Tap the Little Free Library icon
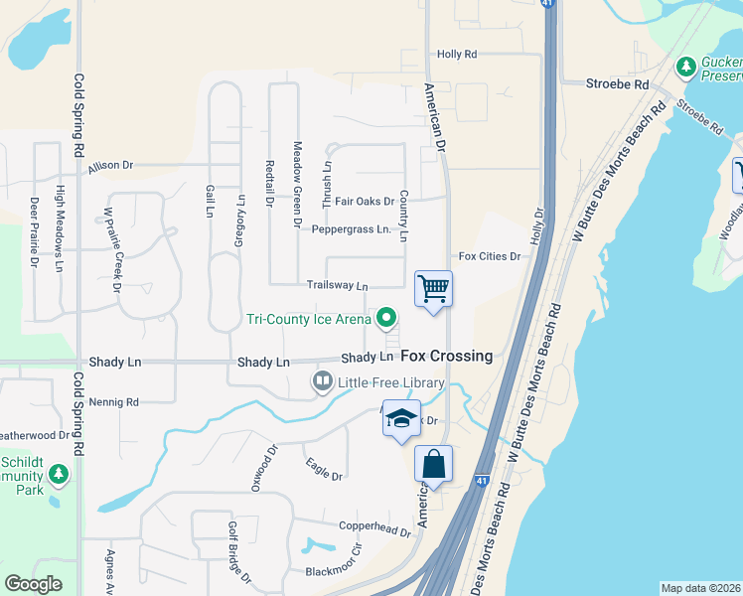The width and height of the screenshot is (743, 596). (323, 381)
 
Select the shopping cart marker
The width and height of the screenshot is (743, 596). (433, 290)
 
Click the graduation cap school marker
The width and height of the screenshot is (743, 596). (402, 418)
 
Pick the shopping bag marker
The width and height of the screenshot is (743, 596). (433, 464)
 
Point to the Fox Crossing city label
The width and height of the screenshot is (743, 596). (446, 357)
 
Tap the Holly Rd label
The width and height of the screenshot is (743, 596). (457, 55)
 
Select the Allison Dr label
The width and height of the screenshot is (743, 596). (110, 166)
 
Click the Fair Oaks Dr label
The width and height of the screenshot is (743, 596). (365, 202)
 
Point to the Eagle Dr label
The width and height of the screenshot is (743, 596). (324, 470)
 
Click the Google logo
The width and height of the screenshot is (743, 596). (33, 584)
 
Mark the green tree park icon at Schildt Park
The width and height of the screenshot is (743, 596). (59, 474)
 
